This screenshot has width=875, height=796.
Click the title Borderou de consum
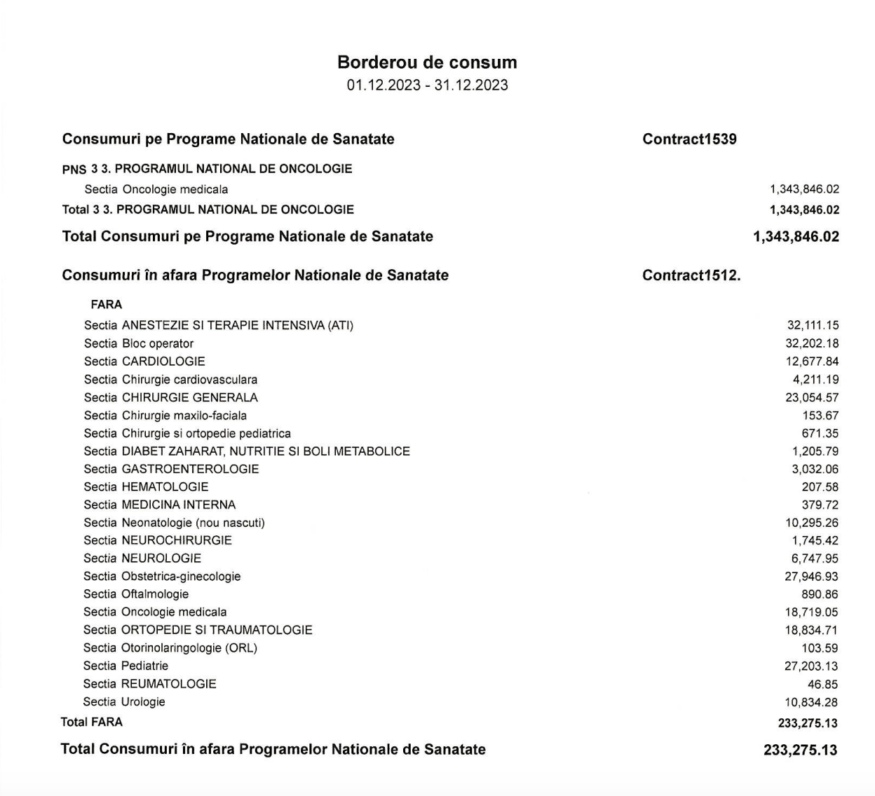coord(427,62)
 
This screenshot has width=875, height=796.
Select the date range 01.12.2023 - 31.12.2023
coord(427,85)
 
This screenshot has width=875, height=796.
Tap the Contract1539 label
coord(689,139)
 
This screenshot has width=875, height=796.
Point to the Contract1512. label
coord(691,275)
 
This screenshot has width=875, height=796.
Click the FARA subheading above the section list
coord(107,305)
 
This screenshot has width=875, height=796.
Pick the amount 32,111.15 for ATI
coord(813,325)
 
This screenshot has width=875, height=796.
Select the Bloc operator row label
coord(139,343)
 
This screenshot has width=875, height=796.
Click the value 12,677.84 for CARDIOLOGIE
coord(813,362)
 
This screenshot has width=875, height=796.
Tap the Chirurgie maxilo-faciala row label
coord(165,416)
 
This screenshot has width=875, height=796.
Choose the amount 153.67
coord(820,416)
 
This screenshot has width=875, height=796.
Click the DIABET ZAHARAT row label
coord(247,451)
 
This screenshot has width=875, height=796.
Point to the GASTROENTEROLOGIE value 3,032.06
coord(815,469)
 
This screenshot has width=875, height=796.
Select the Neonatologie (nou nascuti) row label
coord(175,523)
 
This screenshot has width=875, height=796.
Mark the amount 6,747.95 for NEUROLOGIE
coord(815,558)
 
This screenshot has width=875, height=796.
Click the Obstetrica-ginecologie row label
coord(162,577)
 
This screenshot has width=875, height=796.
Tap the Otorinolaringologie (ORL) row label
coord(170,648)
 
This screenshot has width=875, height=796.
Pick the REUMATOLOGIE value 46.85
coord(822,685)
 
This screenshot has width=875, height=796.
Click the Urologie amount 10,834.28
coord(811,703)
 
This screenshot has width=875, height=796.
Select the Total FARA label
coord(92,722)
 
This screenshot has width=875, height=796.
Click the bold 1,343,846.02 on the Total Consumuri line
coord(796,237)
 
